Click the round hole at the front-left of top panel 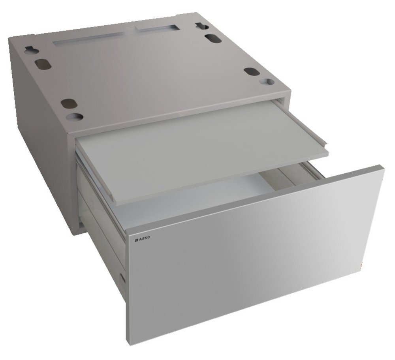coord(76,116)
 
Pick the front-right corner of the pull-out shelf coord(327,152)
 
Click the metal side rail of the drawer coord(103,221)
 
